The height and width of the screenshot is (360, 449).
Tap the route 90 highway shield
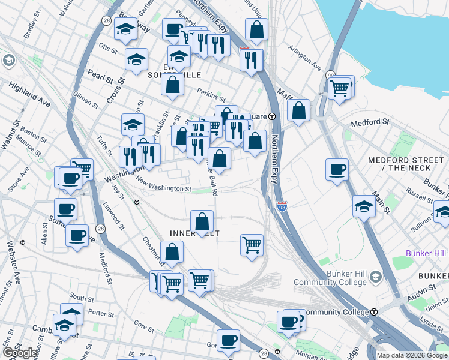(331, 75)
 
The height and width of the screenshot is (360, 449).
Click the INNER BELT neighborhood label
(195, 233)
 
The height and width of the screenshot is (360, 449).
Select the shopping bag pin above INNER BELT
(202, 221)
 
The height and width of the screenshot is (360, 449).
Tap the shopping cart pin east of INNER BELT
(252, 244)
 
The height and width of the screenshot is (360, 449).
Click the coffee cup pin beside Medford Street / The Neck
(337, 169)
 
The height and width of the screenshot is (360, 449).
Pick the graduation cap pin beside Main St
(364, 206)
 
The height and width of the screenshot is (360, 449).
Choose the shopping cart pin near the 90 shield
(340, 88)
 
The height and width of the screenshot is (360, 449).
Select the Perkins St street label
(211, 95)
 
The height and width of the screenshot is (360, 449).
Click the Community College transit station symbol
(374, 312)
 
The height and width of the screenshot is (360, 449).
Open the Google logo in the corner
(20, 352)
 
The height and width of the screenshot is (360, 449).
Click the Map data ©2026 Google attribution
(412, 355)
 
